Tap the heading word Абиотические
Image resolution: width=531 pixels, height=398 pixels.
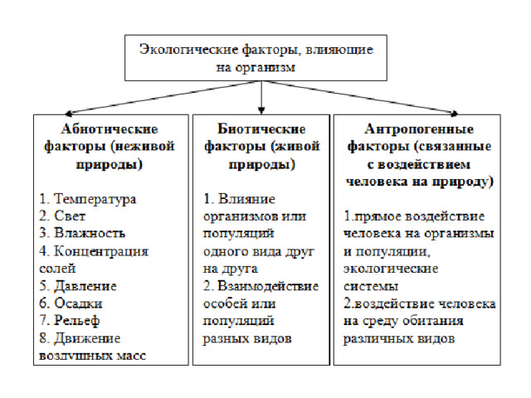click(x=110, y=129)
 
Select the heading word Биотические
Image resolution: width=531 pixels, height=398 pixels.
click(x=261, y=129)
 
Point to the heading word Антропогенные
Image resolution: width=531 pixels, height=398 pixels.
click(x=419, y=129)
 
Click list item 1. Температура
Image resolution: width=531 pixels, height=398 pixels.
click(x=88, y=199)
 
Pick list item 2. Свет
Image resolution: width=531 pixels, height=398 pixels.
click(x=62, y=216)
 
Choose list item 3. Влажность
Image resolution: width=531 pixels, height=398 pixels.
click(x=82, y=233)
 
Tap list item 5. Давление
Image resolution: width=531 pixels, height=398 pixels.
click(x=78, y=286)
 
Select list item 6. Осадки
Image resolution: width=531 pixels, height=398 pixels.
click(x=71, y=303)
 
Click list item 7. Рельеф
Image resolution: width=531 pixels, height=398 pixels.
click(x=70, y=321)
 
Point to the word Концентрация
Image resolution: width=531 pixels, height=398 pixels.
click(x=101, y=251)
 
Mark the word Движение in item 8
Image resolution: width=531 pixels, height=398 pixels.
click(x=87, y=338)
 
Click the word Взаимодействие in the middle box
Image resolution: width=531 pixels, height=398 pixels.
click(x=268, y=286)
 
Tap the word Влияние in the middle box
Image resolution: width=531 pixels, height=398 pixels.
click(x=247, y=199)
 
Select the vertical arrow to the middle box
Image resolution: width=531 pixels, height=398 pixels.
click(x=261, y=98)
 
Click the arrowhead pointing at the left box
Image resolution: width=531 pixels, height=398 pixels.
click(x=68, y=114)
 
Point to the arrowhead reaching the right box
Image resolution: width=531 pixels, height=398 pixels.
click(x=455, y=114)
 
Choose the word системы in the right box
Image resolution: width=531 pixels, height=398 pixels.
click(x=371, y=287)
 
